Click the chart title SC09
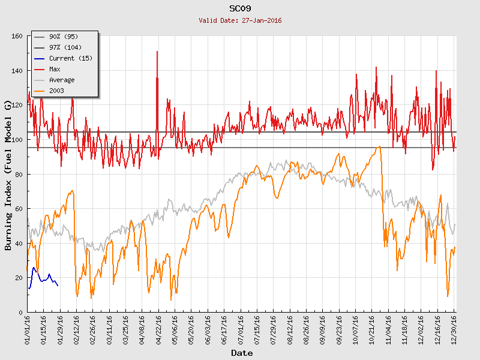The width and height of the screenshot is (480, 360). click(x=240, y=8)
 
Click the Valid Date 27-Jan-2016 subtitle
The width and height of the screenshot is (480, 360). click(x=240, y=20)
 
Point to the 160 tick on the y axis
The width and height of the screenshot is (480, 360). click(x=17, y=36)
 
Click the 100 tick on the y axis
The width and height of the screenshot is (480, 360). click(x=17, y=140)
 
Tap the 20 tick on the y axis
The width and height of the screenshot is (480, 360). click(x=19, y=278)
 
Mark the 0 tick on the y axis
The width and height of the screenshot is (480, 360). click(x=20, y=313)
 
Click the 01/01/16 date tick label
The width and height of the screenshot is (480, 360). click(x=28, y=329)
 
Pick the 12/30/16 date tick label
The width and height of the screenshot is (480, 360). click(x=454, y=329)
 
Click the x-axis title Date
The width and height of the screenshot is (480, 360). click(x=242, y=353)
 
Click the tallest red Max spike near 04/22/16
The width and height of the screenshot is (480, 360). click(x=157, y=53)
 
